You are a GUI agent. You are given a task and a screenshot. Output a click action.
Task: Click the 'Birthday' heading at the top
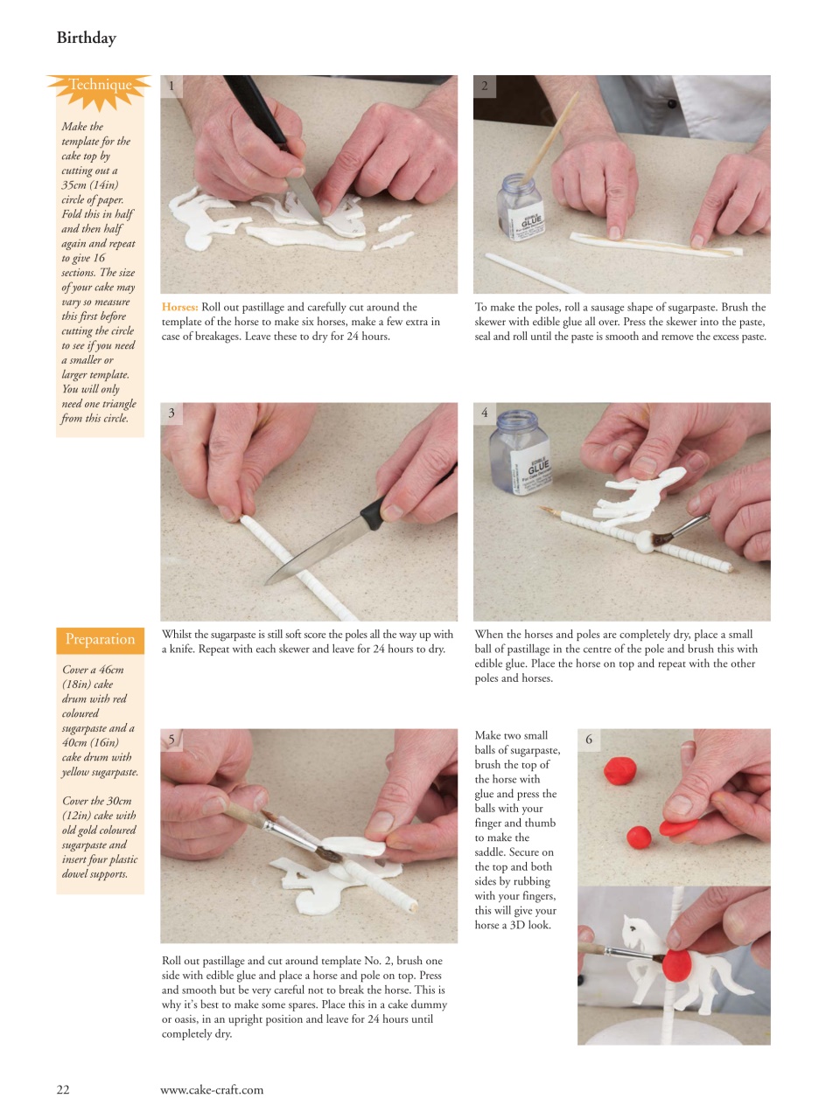(86, 38)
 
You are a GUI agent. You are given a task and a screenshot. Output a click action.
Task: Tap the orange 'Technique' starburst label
(100, 86)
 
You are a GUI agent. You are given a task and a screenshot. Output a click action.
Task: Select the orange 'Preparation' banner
(100, 639)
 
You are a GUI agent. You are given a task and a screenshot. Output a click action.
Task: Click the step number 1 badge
(171, 86)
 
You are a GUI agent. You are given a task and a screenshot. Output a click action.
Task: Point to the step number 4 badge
(485, 413)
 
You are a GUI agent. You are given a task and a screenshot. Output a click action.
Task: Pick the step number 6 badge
(589, 740)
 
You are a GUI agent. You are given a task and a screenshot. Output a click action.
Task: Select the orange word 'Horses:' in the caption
(179, 307)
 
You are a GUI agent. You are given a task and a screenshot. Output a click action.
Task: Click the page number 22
(63, 1089)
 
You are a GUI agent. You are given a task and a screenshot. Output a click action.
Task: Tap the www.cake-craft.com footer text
(211, 1089)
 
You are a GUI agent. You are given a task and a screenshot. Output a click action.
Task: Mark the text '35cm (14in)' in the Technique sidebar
(89, 185)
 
